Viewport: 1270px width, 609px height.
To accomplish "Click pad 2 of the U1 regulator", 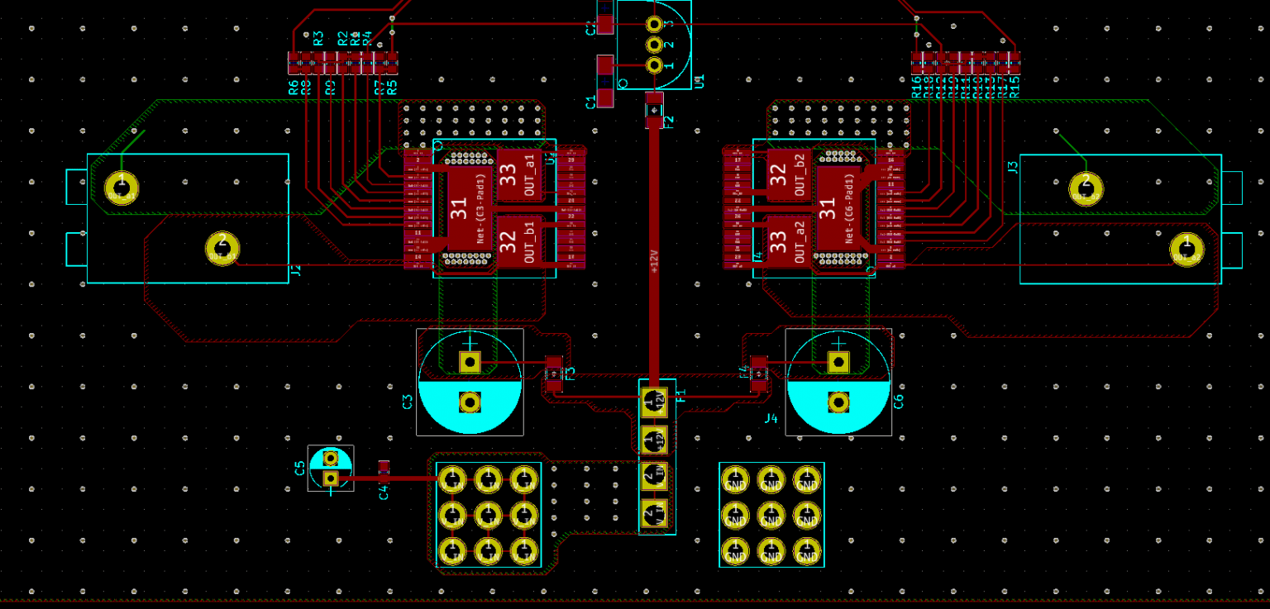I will click(x=654, y=44).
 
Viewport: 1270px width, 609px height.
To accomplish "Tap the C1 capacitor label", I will click(x=590, y=102).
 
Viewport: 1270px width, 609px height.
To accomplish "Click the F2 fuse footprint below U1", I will click(x=654, y=110).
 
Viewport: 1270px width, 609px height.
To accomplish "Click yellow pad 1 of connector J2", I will click(x=122, y=187).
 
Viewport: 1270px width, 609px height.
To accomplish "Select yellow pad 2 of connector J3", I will click(x=1086, y=187).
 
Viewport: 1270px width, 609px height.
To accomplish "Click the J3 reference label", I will click(x=1013, y=168).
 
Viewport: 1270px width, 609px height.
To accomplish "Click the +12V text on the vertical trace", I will click(x=654, y=260).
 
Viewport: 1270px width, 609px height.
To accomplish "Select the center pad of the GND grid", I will click(x=771, y=515).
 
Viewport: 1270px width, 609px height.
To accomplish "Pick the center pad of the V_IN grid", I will click(x=488, y=515).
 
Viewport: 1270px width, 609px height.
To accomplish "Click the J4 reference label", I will click(x=771, y=418).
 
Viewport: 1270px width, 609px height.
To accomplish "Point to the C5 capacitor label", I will click(x=300, y=469).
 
